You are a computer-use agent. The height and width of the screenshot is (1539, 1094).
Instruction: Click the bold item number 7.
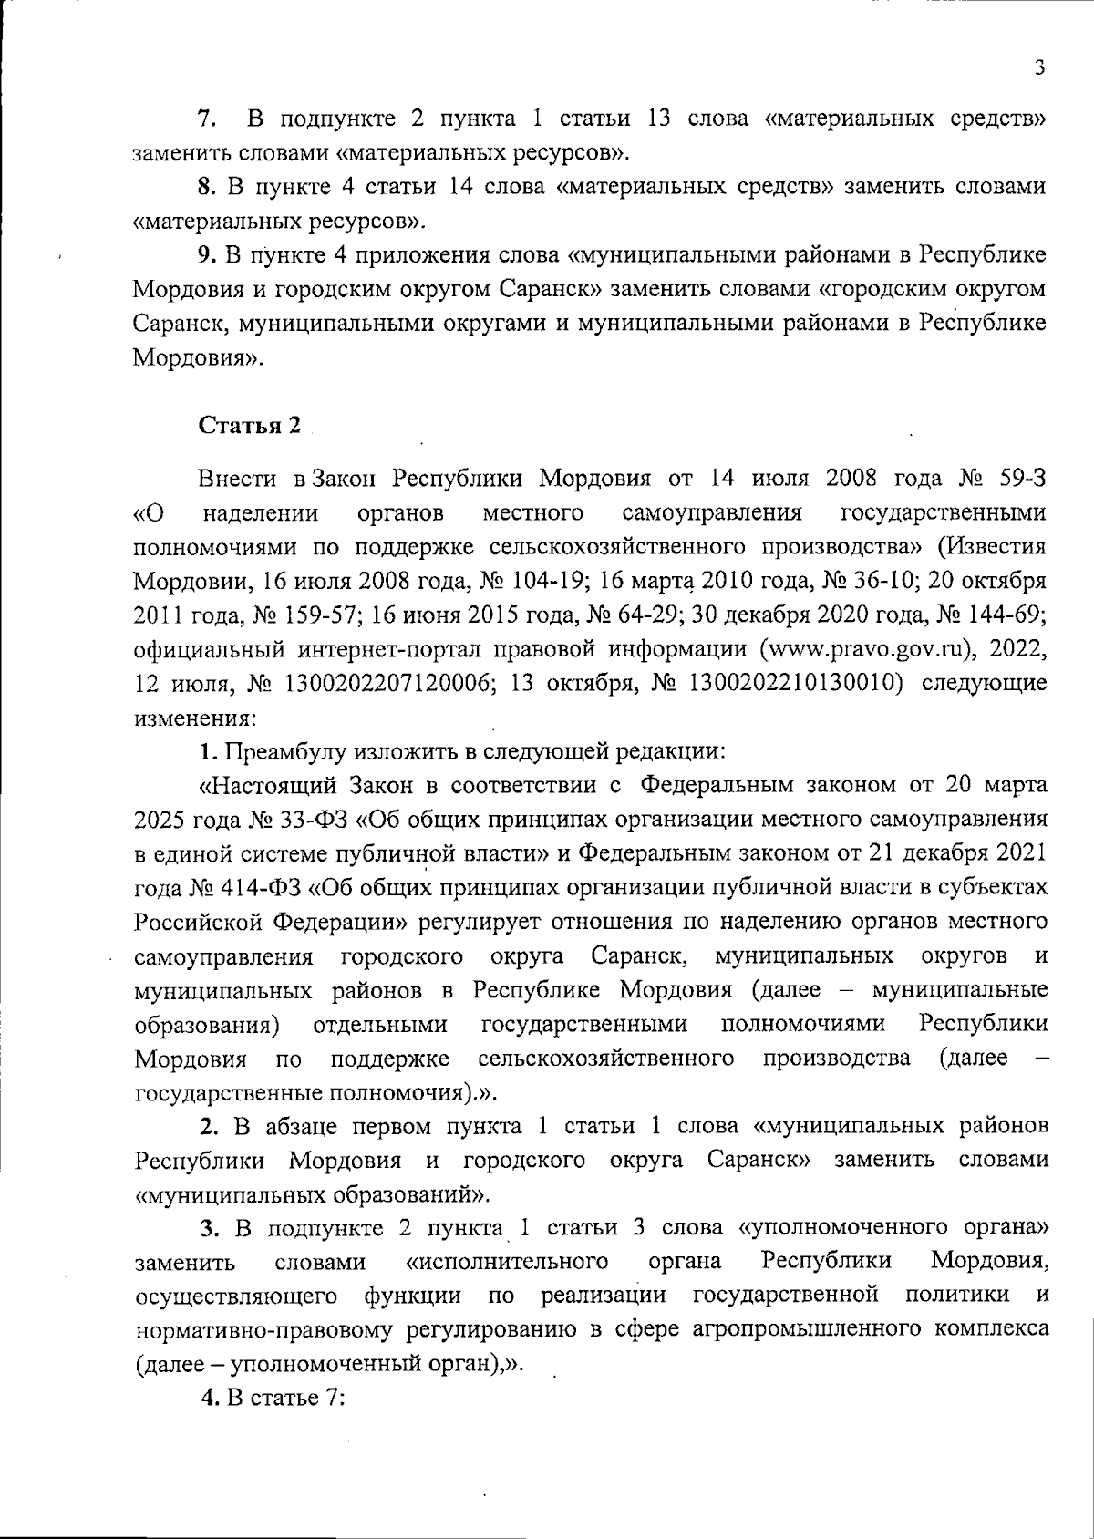pos(206,119)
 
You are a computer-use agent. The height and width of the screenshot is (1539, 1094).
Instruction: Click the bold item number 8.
pos(206,187)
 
